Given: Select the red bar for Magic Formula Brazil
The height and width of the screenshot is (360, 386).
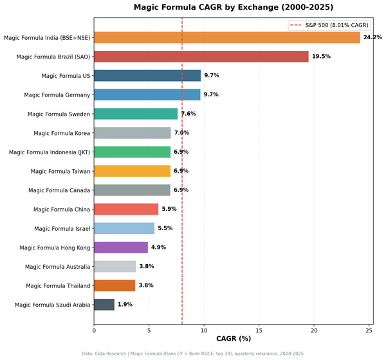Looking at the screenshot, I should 201,57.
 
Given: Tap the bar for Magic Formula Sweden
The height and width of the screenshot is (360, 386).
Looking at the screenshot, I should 136,114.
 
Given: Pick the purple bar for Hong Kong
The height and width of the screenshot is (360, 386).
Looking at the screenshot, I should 121,247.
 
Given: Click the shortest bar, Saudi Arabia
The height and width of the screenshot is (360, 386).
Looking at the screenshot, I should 104,304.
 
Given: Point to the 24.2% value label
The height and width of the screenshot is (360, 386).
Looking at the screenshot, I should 372,37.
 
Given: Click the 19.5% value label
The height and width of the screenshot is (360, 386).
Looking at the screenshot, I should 321,57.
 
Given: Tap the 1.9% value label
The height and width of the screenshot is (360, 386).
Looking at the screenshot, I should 125,304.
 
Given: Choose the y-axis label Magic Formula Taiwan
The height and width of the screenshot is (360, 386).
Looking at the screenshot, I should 60,171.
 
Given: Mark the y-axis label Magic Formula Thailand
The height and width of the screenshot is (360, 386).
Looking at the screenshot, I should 58,285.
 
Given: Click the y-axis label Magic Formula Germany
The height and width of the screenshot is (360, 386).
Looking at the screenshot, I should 57,94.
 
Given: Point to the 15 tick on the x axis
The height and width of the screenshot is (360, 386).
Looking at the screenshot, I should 259,331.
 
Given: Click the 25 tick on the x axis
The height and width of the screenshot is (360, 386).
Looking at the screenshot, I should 369,331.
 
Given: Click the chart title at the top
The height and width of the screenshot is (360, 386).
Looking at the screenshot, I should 234,8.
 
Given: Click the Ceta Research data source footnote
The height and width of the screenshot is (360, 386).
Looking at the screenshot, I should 193,354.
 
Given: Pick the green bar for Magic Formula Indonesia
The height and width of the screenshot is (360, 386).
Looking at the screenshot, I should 132,152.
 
